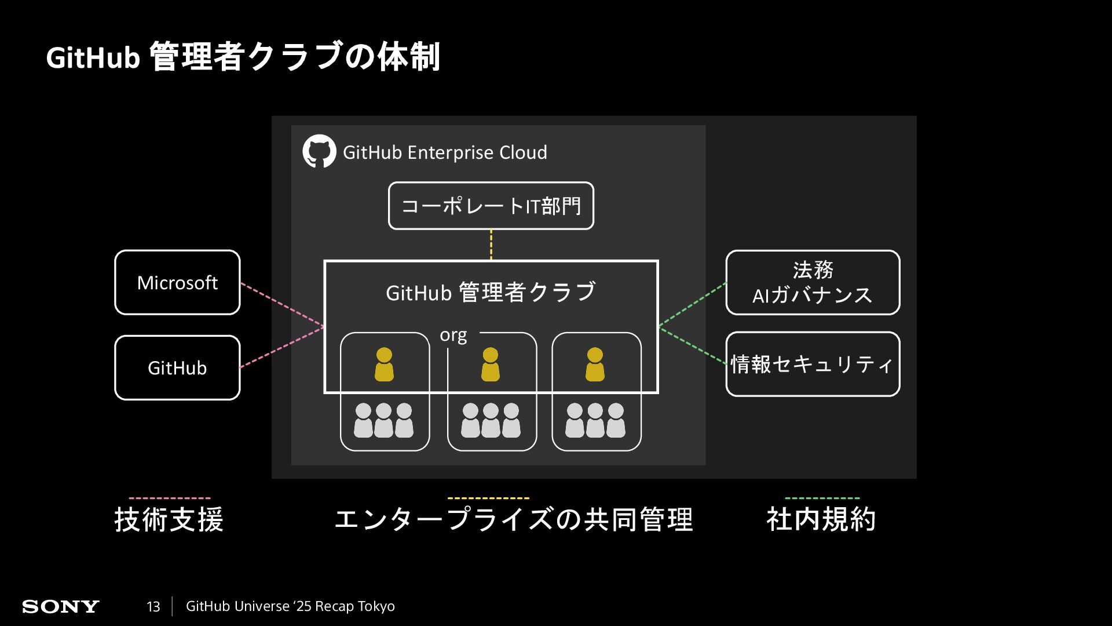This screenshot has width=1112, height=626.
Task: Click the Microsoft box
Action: (x=177, y=283)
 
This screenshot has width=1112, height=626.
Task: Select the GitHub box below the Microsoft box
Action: (x=177, y=368)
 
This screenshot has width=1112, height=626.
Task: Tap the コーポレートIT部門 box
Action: (x=491, y=206)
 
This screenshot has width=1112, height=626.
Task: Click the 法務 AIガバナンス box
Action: (x=813, y=283)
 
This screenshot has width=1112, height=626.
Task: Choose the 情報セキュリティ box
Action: (x=813, y=364)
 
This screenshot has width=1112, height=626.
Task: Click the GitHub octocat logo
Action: (x=319, y=152)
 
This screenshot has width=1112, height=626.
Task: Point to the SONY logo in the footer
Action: (x=61, y=607)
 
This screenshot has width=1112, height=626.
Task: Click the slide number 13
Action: (x=153, y=607)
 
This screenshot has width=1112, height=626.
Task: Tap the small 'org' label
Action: (x=453, y=336)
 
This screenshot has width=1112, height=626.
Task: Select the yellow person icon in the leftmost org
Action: (x=384, y=364)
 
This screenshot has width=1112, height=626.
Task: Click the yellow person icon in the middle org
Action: (x=490, y=364)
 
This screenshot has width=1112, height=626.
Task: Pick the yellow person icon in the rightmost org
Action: (x=595, y=364)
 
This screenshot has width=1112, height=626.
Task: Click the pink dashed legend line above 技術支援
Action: (x=170, y=498)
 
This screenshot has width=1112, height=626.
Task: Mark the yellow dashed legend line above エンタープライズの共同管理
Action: (x=488, y=498)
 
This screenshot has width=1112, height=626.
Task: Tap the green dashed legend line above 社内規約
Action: (x=822, y=498)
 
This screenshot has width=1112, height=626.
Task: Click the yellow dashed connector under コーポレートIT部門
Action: (x=491, y=245)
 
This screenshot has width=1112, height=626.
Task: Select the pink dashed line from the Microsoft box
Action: (x=282, y=304)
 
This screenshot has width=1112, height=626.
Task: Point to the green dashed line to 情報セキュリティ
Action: (x=693, y=346)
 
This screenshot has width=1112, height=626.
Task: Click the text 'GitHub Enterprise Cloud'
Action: (x=445, y=152)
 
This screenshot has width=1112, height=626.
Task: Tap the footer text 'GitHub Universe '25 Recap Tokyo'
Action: (x=290, y=606)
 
